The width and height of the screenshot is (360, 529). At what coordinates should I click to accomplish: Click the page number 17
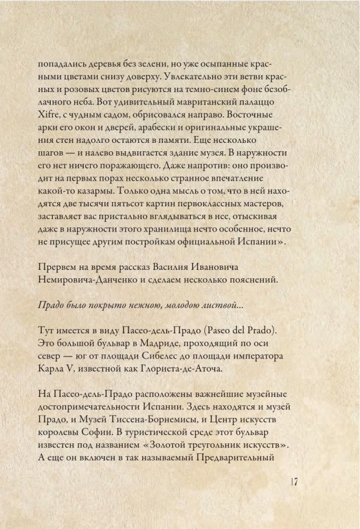click(295, 482)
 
